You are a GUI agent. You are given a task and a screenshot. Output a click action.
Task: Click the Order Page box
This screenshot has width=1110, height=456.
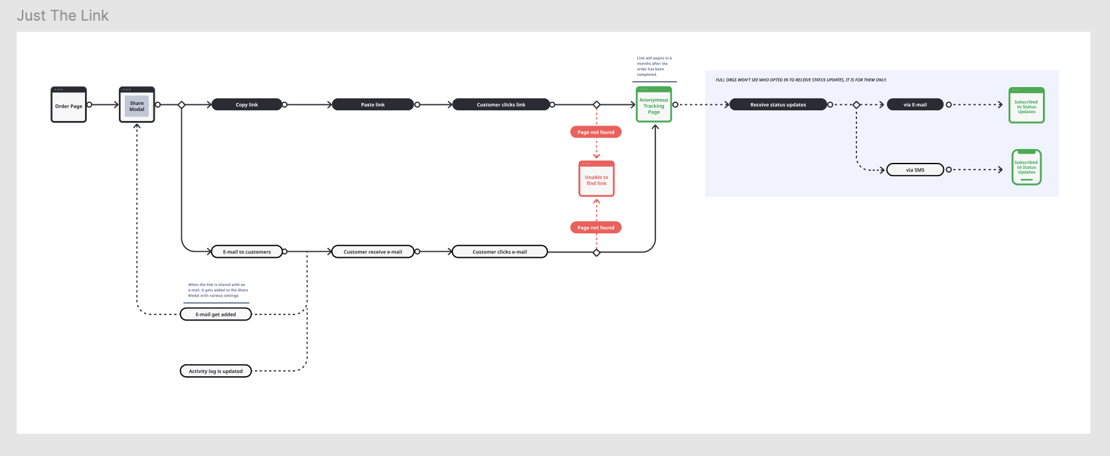(69, 105)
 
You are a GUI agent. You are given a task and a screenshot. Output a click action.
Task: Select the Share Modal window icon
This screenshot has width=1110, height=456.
(137, 105)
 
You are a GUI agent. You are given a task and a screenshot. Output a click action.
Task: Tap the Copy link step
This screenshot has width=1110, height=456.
(246, 104)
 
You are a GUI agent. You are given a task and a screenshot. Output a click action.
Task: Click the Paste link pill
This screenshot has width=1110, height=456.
(372, 104)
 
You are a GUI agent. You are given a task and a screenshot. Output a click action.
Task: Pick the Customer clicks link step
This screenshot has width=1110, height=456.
(501, 104)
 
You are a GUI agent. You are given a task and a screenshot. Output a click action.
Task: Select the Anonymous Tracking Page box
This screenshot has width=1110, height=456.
(654, 105)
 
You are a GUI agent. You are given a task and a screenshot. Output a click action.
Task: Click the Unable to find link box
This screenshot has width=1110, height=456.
(596, 179)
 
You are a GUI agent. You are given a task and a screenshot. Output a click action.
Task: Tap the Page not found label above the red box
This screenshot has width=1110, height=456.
(595, 132)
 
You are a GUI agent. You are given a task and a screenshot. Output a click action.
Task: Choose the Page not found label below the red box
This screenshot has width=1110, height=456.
(595, 227)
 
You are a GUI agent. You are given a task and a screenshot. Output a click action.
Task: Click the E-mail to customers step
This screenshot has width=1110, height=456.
(246, 252)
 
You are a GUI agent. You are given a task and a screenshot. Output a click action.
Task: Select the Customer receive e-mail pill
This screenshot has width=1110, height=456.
(372, 252)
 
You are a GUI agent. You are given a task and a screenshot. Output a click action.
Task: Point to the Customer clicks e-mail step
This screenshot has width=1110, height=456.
(499, 252)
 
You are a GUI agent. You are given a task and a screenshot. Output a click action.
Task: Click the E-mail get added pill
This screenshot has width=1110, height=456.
(216, 314)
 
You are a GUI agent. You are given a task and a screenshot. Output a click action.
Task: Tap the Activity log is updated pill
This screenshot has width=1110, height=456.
(216, 371)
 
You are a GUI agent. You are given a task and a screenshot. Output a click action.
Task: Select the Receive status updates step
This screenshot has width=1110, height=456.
(778, 104)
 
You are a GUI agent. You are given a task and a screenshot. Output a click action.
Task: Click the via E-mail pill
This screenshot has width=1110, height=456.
(915, 104)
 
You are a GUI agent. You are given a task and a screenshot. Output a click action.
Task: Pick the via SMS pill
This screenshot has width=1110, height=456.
(915, 170)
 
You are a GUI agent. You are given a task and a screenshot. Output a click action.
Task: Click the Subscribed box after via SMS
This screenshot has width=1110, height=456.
(1026, 168)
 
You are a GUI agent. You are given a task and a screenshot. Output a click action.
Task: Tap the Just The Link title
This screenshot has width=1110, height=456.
(63, 15)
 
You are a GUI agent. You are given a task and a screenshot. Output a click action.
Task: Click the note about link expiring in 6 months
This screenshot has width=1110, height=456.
(654, 66)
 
